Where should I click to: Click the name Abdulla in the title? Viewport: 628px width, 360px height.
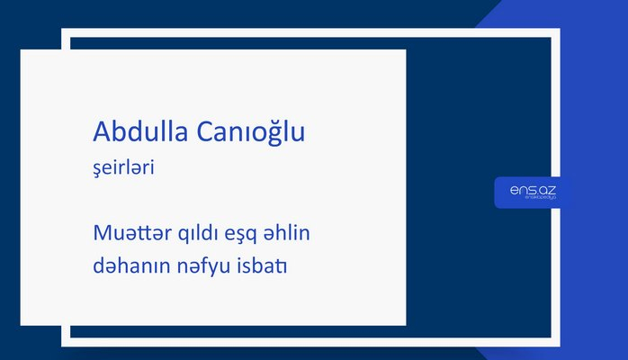(138, 132)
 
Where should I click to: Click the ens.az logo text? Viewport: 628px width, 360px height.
(532, 191)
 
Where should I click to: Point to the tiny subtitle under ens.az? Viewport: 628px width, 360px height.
(532, 199)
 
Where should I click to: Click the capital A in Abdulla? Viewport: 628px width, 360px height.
(102, 132)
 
